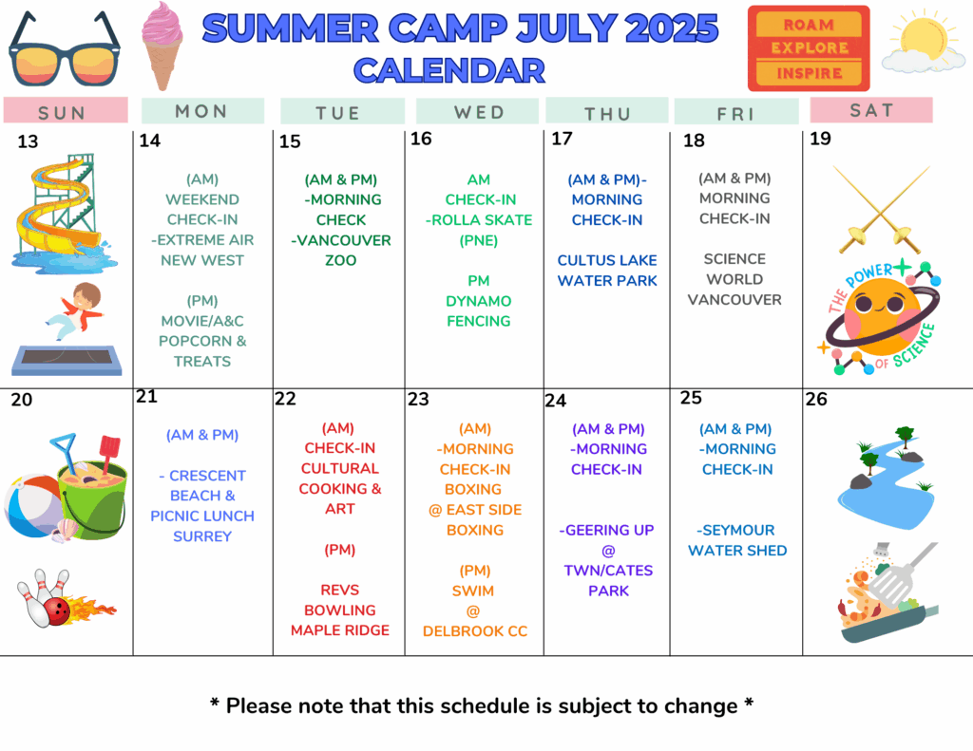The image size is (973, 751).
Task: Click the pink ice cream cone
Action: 162,46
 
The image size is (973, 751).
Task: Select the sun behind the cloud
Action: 922,37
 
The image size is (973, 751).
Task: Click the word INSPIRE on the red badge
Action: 810,73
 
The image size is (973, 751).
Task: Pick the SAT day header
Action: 871,110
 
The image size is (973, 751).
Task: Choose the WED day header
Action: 479,112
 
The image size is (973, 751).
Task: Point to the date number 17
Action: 562,139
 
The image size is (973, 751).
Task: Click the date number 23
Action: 418,399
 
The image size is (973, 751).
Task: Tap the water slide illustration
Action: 64,211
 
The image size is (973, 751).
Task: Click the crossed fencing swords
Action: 881,209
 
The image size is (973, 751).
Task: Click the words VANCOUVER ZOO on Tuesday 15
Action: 341,250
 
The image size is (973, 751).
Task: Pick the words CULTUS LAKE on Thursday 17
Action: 607,260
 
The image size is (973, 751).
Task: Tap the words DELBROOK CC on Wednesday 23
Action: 475,631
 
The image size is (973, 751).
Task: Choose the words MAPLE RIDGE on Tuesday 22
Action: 340,630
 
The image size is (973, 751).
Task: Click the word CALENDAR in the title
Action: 449,70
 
